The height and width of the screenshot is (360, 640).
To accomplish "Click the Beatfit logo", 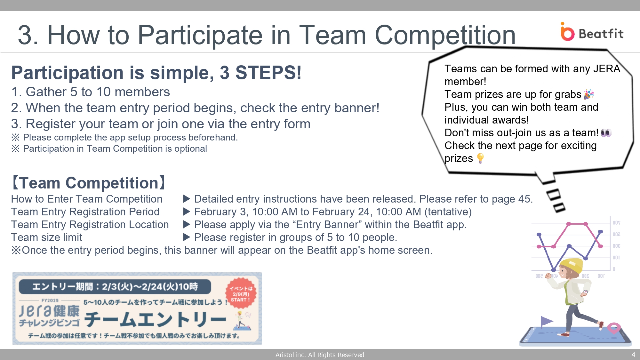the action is [592, 32].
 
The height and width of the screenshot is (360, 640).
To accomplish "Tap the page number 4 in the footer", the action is [633, 355].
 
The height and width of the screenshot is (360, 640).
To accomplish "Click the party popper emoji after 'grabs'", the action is [589, 94].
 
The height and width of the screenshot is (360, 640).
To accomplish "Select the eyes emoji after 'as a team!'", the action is [606, 133].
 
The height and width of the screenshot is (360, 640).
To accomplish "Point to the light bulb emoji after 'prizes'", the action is [480, 158].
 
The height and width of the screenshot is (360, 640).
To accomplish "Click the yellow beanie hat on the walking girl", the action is [572, 266].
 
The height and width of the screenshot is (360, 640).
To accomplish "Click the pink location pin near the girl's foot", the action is [614, 328].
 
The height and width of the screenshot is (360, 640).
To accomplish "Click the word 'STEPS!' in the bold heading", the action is [268, 73].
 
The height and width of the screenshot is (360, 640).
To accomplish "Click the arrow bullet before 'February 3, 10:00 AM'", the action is [187, 212].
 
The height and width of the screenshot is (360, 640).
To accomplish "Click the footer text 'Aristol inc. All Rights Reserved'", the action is [320, 355].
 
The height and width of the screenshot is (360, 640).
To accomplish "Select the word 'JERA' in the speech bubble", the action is [607, 69].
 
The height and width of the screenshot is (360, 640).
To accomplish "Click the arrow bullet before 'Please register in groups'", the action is [187, 237].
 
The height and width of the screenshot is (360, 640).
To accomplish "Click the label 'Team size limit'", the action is [47, 237].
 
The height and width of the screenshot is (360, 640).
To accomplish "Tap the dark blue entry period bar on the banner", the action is [115, 287].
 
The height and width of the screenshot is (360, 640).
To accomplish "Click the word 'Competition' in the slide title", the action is [445, 35].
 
